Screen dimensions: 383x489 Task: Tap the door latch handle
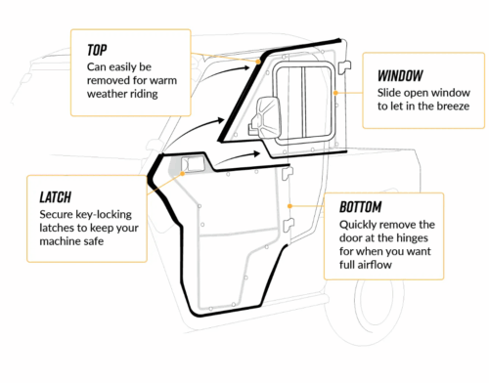(192, 164)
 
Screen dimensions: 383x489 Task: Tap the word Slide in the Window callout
(380, 91)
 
